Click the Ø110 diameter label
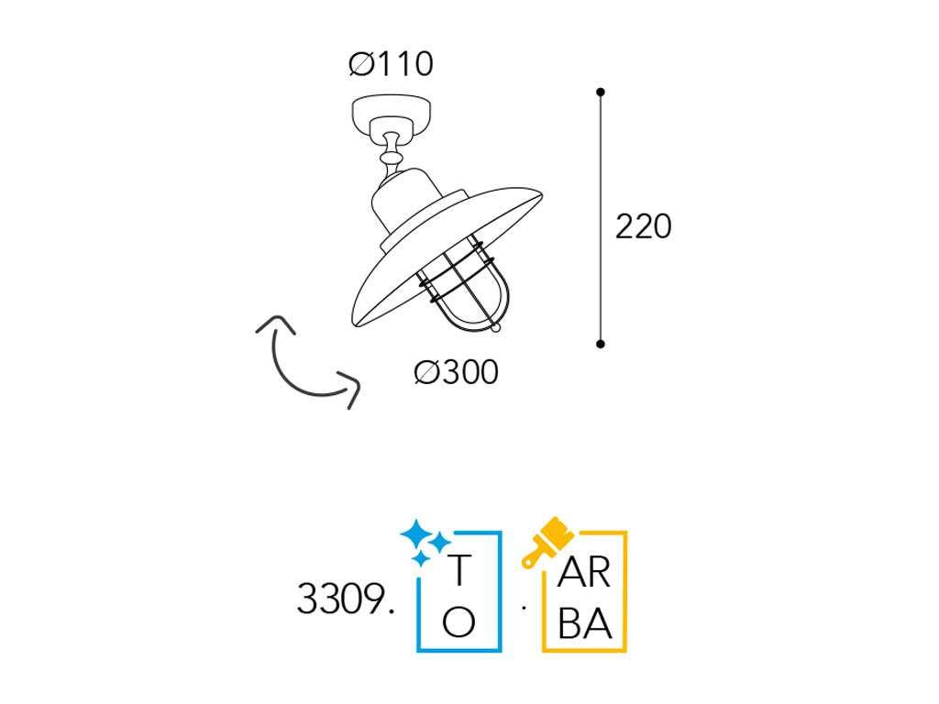391,64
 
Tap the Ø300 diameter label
457,372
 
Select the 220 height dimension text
643,226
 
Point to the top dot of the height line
600,93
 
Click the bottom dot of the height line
600,344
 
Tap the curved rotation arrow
308,362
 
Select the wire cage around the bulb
462,284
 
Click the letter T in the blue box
459,570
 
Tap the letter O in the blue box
458,622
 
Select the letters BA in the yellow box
584,623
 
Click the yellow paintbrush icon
547,541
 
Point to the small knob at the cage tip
494,327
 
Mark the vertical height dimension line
600,218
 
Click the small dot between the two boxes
524,609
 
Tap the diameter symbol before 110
361,64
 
